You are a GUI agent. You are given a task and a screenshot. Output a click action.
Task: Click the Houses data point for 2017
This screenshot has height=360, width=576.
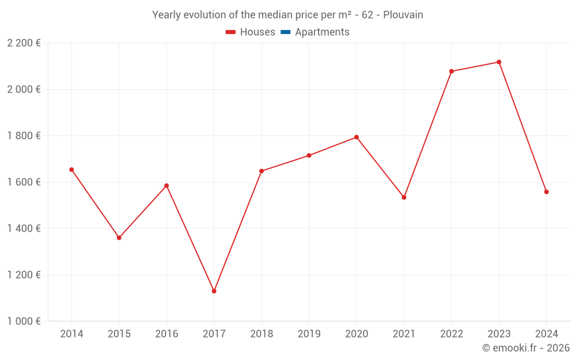(x=214, y=291)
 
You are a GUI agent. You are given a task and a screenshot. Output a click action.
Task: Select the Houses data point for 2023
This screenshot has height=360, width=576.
(x=499, y=62)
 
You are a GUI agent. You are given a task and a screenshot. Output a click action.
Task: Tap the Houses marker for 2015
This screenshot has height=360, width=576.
(x=119, y=238)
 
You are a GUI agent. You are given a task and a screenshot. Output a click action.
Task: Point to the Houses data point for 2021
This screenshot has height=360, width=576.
(x=404, y=198)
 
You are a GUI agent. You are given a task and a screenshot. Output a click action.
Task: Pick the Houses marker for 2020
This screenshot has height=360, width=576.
(x=357, y=137)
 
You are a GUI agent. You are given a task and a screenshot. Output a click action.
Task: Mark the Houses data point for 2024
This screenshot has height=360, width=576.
(x=546, y=192)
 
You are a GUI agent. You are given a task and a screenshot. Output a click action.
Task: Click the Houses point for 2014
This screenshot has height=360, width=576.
(x=71, y=170)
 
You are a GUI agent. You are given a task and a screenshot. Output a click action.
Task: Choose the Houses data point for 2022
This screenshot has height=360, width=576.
(x=452, y=71)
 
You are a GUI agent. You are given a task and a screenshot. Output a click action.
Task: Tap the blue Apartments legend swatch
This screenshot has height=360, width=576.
(x=285, y=32)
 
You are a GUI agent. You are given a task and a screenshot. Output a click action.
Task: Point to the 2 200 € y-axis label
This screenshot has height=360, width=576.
(x=24, y=43)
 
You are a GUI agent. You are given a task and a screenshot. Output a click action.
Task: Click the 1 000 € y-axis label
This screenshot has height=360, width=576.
(x=24, y=321)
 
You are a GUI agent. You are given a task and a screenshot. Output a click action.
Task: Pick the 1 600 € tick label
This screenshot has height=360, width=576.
(x=24, y=182)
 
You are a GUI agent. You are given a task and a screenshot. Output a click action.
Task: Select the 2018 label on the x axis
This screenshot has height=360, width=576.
(x=262, y=334)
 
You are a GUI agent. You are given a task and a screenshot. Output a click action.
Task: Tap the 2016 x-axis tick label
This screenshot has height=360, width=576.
(x=166, y=334)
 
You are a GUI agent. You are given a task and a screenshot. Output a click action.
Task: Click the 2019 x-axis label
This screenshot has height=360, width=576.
(x=309, y=334)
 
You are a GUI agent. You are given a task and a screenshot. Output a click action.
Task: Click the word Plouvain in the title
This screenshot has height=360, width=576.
(x=403, y=15)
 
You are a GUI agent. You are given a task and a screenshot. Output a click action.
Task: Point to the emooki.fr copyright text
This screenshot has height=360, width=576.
(x=526, y=348)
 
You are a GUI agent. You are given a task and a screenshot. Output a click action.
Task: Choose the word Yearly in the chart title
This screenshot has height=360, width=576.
(x=166, y=15)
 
